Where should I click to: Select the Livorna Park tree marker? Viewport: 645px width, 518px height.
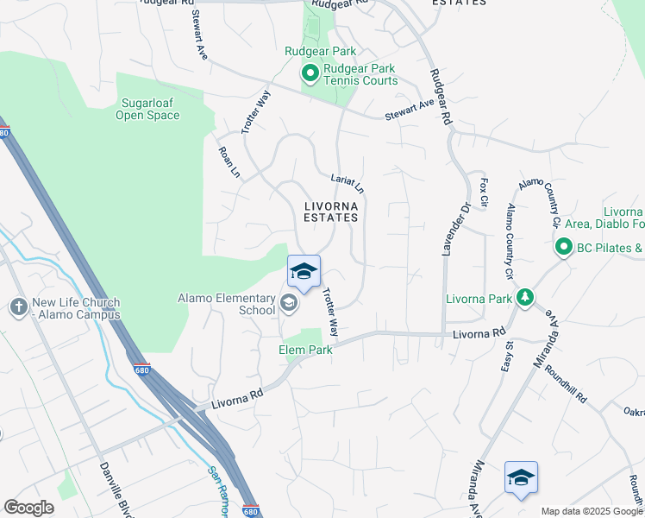524,299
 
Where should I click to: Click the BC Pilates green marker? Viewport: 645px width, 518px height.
564,249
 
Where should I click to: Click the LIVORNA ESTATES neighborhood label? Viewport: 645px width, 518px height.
330,212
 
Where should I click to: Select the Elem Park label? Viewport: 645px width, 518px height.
305,351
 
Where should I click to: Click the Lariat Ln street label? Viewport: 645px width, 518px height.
348,183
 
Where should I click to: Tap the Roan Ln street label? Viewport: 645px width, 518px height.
229,161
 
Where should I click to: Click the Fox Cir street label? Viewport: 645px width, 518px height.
484,193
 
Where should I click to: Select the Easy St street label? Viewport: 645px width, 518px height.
507,356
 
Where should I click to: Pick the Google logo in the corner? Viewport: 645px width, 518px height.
28,508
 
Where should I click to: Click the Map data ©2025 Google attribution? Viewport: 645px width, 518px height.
591,511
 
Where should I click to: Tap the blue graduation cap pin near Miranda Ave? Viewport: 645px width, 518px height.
521,477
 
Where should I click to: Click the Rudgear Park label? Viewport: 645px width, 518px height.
321,51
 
